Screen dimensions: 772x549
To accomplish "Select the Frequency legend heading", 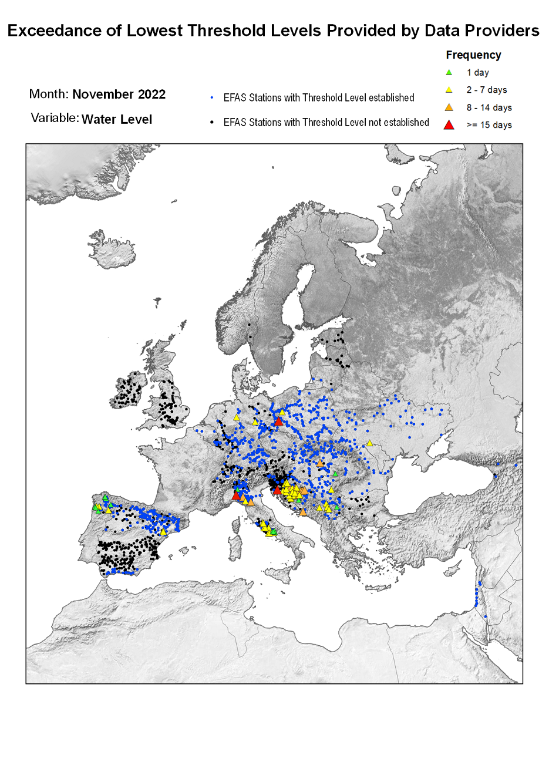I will coord(473,55).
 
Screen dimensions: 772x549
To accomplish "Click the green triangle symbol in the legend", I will coord(449,72).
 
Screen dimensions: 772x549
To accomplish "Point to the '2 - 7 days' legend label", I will coord(486,90).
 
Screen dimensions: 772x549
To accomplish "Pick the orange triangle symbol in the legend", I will coord(449,107).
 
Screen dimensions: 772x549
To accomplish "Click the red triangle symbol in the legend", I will coord(449,124).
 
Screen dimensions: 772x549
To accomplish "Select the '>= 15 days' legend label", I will coord(489,125).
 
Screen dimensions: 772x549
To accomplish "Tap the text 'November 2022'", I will coord(119,95).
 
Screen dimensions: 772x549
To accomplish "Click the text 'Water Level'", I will coord(117,120).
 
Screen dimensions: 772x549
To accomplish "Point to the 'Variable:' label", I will coord(55,119).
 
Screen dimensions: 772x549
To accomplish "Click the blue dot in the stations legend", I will coord(211,97).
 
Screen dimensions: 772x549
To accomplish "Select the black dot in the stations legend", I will coord(211,123).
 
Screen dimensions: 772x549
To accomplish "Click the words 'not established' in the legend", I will coord(396,123).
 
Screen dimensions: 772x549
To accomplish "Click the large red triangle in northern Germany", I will coord(279,421).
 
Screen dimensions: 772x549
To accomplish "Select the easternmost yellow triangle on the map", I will coord(369,443).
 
